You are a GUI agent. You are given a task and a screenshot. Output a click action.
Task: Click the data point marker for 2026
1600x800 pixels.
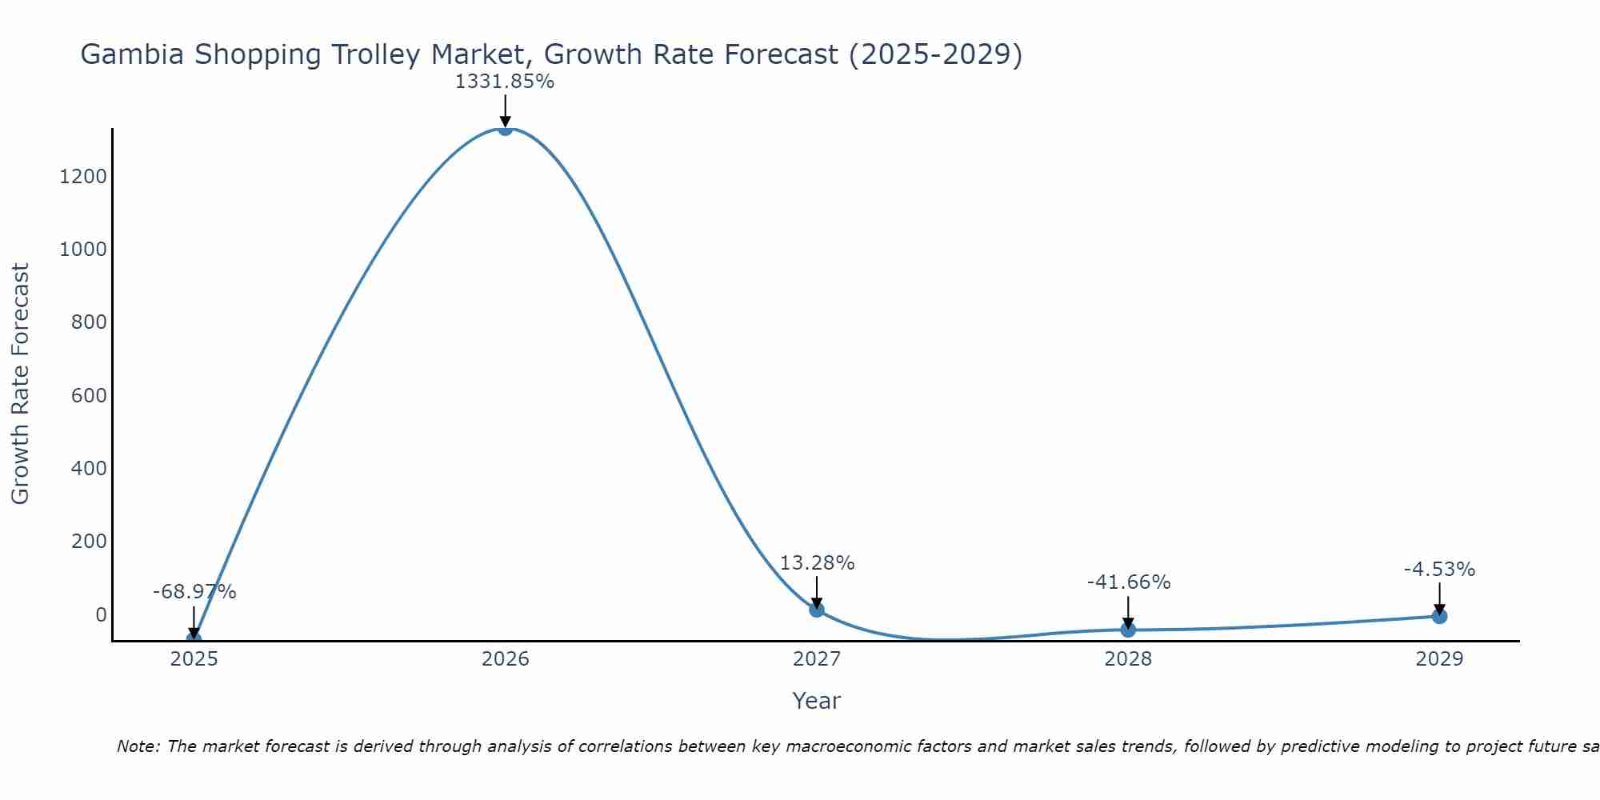[x=505, y=128]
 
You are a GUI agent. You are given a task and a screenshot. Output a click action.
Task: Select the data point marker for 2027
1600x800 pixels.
[x=816, y=610]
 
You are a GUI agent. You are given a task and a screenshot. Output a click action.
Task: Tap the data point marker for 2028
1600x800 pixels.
[x=1128, y=630]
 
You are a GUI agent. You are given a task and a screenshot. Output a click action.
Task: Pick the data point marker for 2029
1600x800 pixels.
[x=1439, y=616]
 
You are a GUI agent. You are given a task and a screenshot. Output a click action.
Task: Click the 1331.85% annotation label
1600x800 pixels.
[x=505, y=82]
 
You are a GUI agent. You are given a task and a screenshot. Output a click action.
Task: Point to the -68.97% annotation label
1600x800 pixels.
[x=194, y=592]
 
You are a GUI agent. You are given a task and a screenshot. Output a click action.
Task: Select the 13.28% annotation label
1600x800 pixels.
[x=817, y=563]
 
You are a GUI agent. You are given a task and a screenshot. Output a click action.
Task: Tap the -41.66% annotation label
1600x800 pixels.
[x=1128, y=582]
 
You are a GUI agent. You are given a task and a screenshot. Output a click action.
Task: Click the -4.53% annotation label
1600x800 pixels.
[x=1439, y=570]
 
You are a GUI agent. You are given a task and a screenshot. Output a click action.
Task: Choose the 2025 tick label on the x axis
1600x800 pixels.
[x=194, y=659]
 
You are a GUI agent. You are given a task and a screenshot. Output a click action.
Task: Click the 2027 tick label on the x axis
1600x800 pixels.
[x=816, y=659]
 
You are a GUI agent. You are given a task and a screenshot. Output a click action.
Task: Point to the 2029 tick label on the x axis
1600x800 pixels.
[x=1439, y=659]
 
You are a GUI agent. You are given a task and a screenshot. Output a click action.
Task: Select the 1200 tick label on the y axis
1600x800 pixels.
[x=83, y=177]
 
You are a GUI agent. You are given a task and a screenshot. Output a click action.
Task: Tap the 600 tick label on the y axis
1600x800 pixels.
[x=89, y=396]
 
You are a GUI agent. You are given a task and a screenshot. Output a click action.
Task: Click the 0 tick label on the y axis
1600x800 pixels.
[x=101, y=615]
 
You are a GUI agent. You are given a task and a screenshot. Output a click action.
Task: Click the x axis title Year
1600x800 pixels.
[x=816, y=702]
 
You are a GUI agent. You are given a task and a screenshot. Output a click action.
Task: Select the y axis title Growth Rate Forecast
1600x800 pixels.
[x=21, y=384]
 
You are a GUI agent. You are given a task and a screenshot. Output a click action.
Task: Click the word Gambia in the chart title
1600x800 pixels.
[x=133, y=55]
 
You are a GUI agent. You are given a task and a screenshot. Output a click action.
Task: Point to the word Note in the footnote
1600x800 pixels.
[x=138, y=747]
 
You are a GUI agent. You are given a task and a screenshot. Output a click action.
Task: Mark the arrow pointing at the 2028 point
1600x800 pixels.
[x=1128, y=612]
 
